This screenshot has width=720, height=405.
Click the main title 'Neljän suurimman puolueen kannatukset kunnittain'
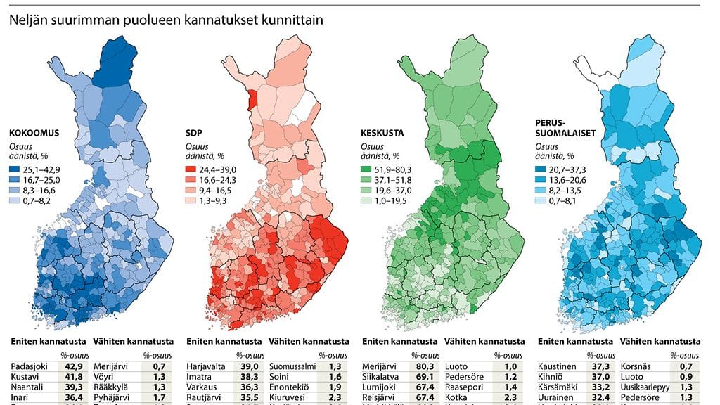click(x=166, y=20)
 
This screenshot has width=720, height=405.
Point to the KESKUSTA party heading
click(x=384, y=131)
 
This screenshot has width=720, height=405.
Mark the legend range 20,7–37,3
click(x=569, y=169)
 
